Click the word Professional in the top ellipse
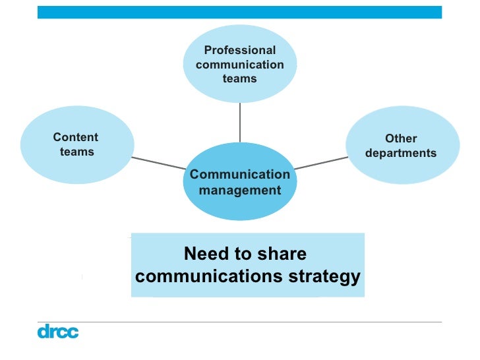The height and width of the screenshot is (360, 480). (240, 51)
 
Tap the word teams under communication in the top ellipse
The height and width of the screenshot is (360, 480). (240, 78)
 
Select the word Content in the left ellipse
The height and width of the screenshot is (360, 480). (76, 138)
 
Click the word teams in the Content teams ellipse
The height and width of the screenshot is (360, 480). (77, 152)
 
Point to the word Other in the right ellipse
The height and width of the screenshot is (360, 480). (401, 139)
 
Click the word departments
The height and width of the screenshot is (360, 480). (401, 154)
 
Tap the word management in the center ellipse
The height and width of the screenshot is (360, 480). (239, 191)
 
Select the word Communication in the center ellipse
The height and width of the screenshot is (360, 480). (239, 175)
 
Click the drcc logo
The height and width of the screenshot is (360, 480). (57, 331)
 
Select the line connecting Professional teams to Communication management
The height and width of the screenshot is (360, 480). (240, 122)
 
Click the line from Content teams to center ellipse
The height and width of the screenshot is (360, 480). (158, 162)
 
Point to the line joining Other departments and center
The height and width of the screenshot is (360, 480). (322, 162)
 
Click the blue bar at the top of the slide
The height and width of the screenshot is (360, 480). (240, 12)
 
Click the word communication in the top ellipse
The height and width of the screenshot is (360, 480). (240, 65)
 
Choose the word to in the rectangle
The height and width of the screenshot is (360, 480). (249, 254)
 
